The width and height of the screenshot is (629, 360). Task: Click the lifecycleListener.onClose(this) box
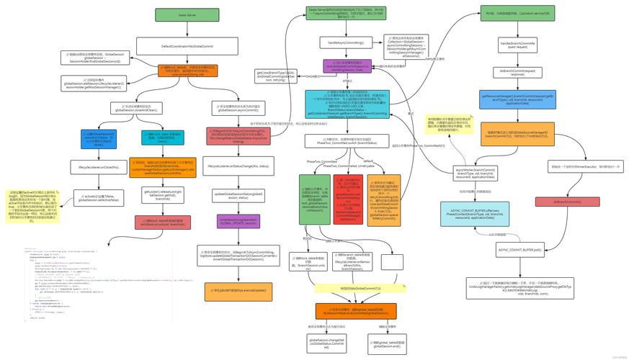point(98,167)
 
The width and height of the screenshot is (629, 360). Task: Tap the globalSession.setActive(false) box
point(98,198)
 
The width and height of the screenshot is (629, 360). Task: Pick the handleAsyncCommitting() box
point(346,42)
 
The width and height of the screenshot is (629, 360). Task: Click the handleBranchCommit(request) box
point(516,46)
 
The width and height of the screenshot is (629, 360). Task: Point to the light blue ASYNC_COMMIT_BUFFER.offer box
point(473,214)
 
